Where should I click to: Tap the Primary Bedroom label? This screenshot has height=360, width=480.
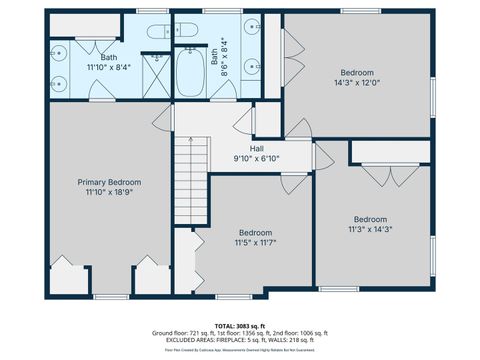coord(109,182)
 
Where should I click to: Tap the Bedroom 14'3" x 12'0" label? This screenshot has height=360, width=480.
coord(356,73)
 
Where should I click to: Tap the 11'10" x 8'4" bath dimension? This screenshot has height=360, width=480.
coord(108,68)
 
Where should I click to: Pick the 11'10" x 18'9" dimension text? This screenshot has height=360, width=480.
coord(109,193)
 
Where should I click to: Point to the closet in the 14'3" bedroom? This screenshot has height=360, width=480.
coord(292,40)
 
